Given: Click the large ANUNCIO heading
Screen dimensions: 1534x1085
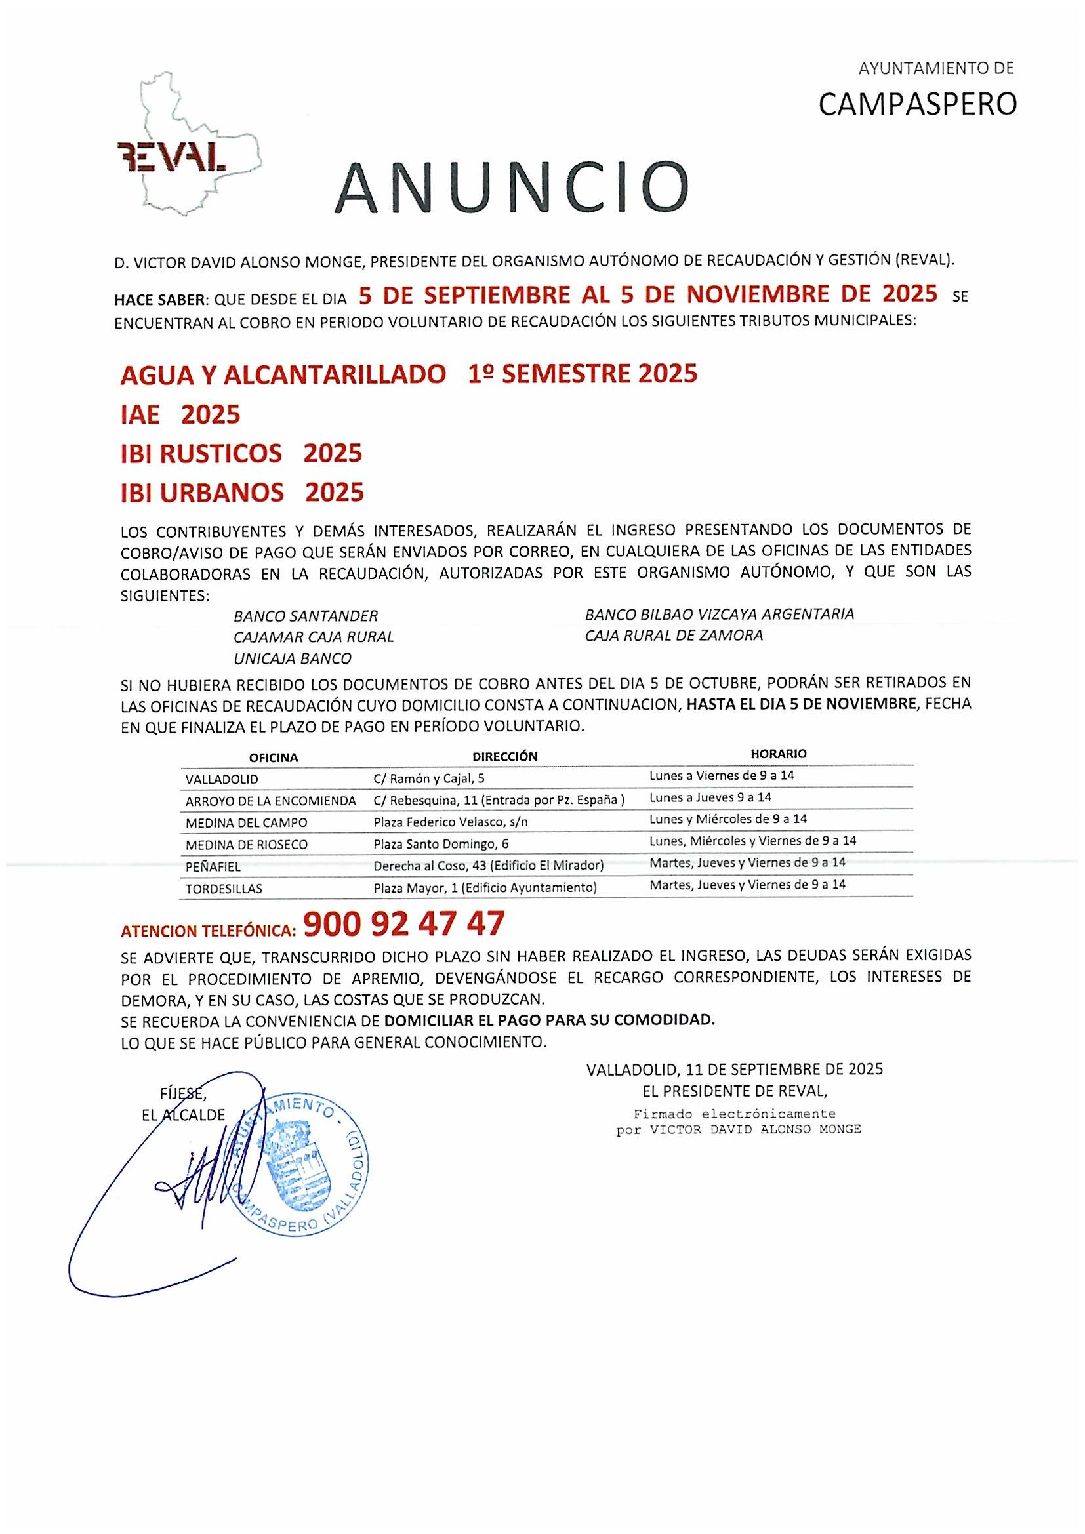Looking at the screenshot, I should pos(511,186).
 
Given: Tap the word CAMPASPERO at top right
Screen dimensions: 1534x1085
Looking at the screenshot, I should pos(917,104).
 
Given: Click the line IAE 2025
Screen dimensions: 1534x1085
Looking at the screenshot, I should pos(180,415).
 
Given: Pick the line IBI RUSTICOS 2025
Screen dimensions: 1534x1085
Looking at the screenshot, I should pos(241,454).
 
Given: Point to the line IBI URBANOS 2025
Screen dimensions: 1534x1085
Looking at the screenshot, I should pos(242,493).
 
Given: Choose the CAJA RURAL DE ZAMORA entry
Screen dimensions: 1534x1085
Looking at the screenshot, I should pos(674,636).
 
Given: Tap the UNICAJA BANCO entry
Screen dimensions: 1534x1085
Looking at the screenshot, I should pos(292,658).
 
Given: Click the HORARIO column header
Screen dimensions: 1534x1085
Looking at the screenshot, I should pos(779,754).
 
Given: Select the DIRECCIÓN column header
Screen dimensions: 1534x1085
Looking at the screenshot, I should pos(504,756).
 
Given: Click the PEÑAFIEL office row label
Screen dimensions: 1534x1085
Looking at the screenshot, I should pos(213,867).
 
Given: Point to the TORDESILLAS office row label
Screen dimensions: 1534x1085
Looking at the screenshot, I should pos(224,889).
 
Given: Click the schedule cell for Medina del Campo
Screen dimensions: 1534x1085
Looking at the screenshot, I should pos(727,819).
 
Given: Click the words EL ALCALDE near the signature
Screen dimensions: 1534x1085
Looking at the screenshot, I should pos(183,1115).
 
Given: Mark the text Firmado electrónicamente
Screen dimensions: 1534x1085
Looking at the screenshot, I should pos(734,1114).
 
